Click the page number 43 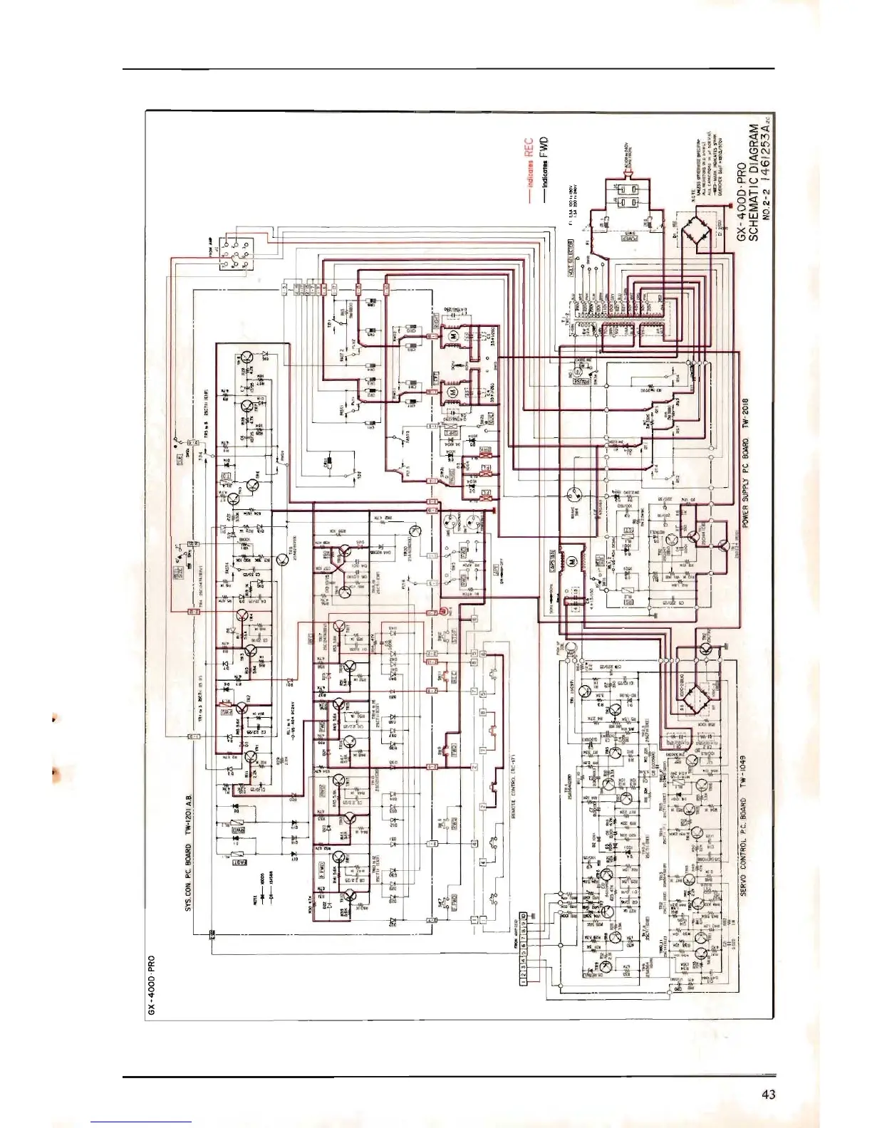coord(768,1094)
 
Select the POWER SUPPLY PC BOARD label coord(744,463)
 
